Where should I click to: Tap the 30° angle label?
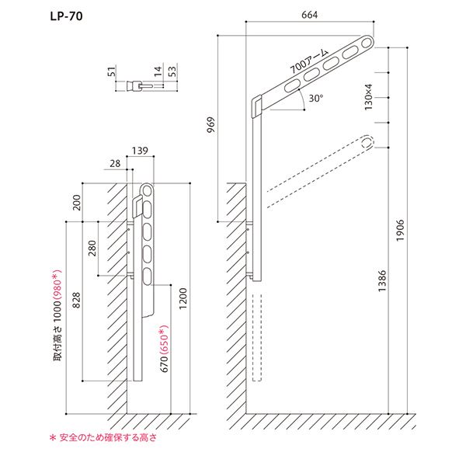point(315,99)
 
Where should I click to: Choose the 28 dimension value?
point(115,164)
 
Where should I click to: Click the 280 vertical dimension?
point(92,249)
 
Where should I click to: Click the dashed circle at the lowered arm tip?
point(367,142)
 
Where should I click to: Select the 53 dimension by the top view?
point(172,75)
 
